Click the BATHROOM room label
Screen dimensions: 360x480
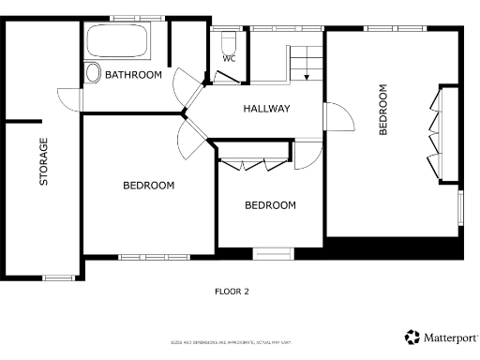133,74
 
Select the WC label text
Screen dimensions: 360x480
229,59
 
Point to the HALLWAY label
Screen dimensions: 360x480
267,109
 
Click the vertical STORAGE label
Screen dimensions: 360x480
43,161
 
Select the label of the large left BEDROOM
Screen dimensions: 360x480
149,186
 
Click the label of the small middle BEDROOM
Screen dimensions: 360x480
271,205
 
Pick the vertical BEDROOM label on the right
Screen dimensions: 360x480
382,111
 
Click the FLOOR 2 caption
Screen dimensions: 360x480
232,292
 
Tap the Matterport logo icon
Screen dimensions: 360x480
412,337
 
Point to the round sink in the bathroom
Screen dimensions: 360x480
93,74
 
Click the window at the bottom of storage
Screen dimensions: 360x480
59,277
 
